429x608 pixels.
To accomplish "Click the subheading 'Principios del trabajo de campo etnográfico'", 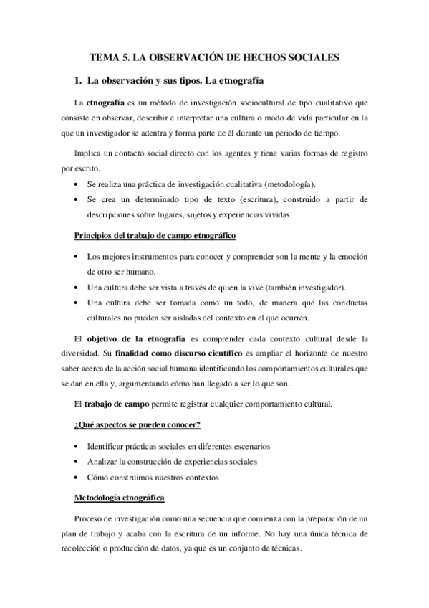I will [x=155, y=236].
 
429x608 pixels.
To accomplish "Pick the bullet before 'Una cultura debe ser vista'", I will [x=77, y=287].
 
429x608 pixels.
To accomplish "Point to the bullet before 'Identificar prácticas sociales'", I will [x=77, y=447].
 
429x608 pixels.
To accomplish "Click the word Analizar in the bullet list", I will [x=104, y=461].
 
